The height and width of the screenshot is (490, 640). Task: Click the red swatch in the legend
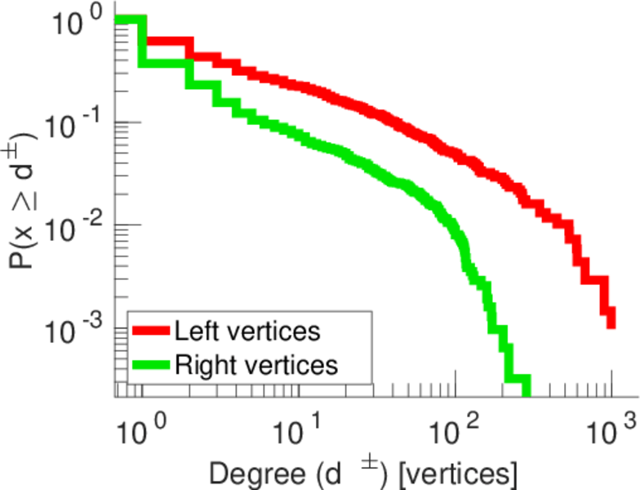point(149,332)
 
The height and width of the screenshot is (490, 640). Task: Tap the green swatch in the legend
point(149,363)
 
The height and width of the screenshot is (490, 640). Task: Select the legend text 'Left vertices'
point(247,331)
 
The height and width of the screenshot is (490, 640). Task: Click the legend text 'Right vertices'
point(255,363)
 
